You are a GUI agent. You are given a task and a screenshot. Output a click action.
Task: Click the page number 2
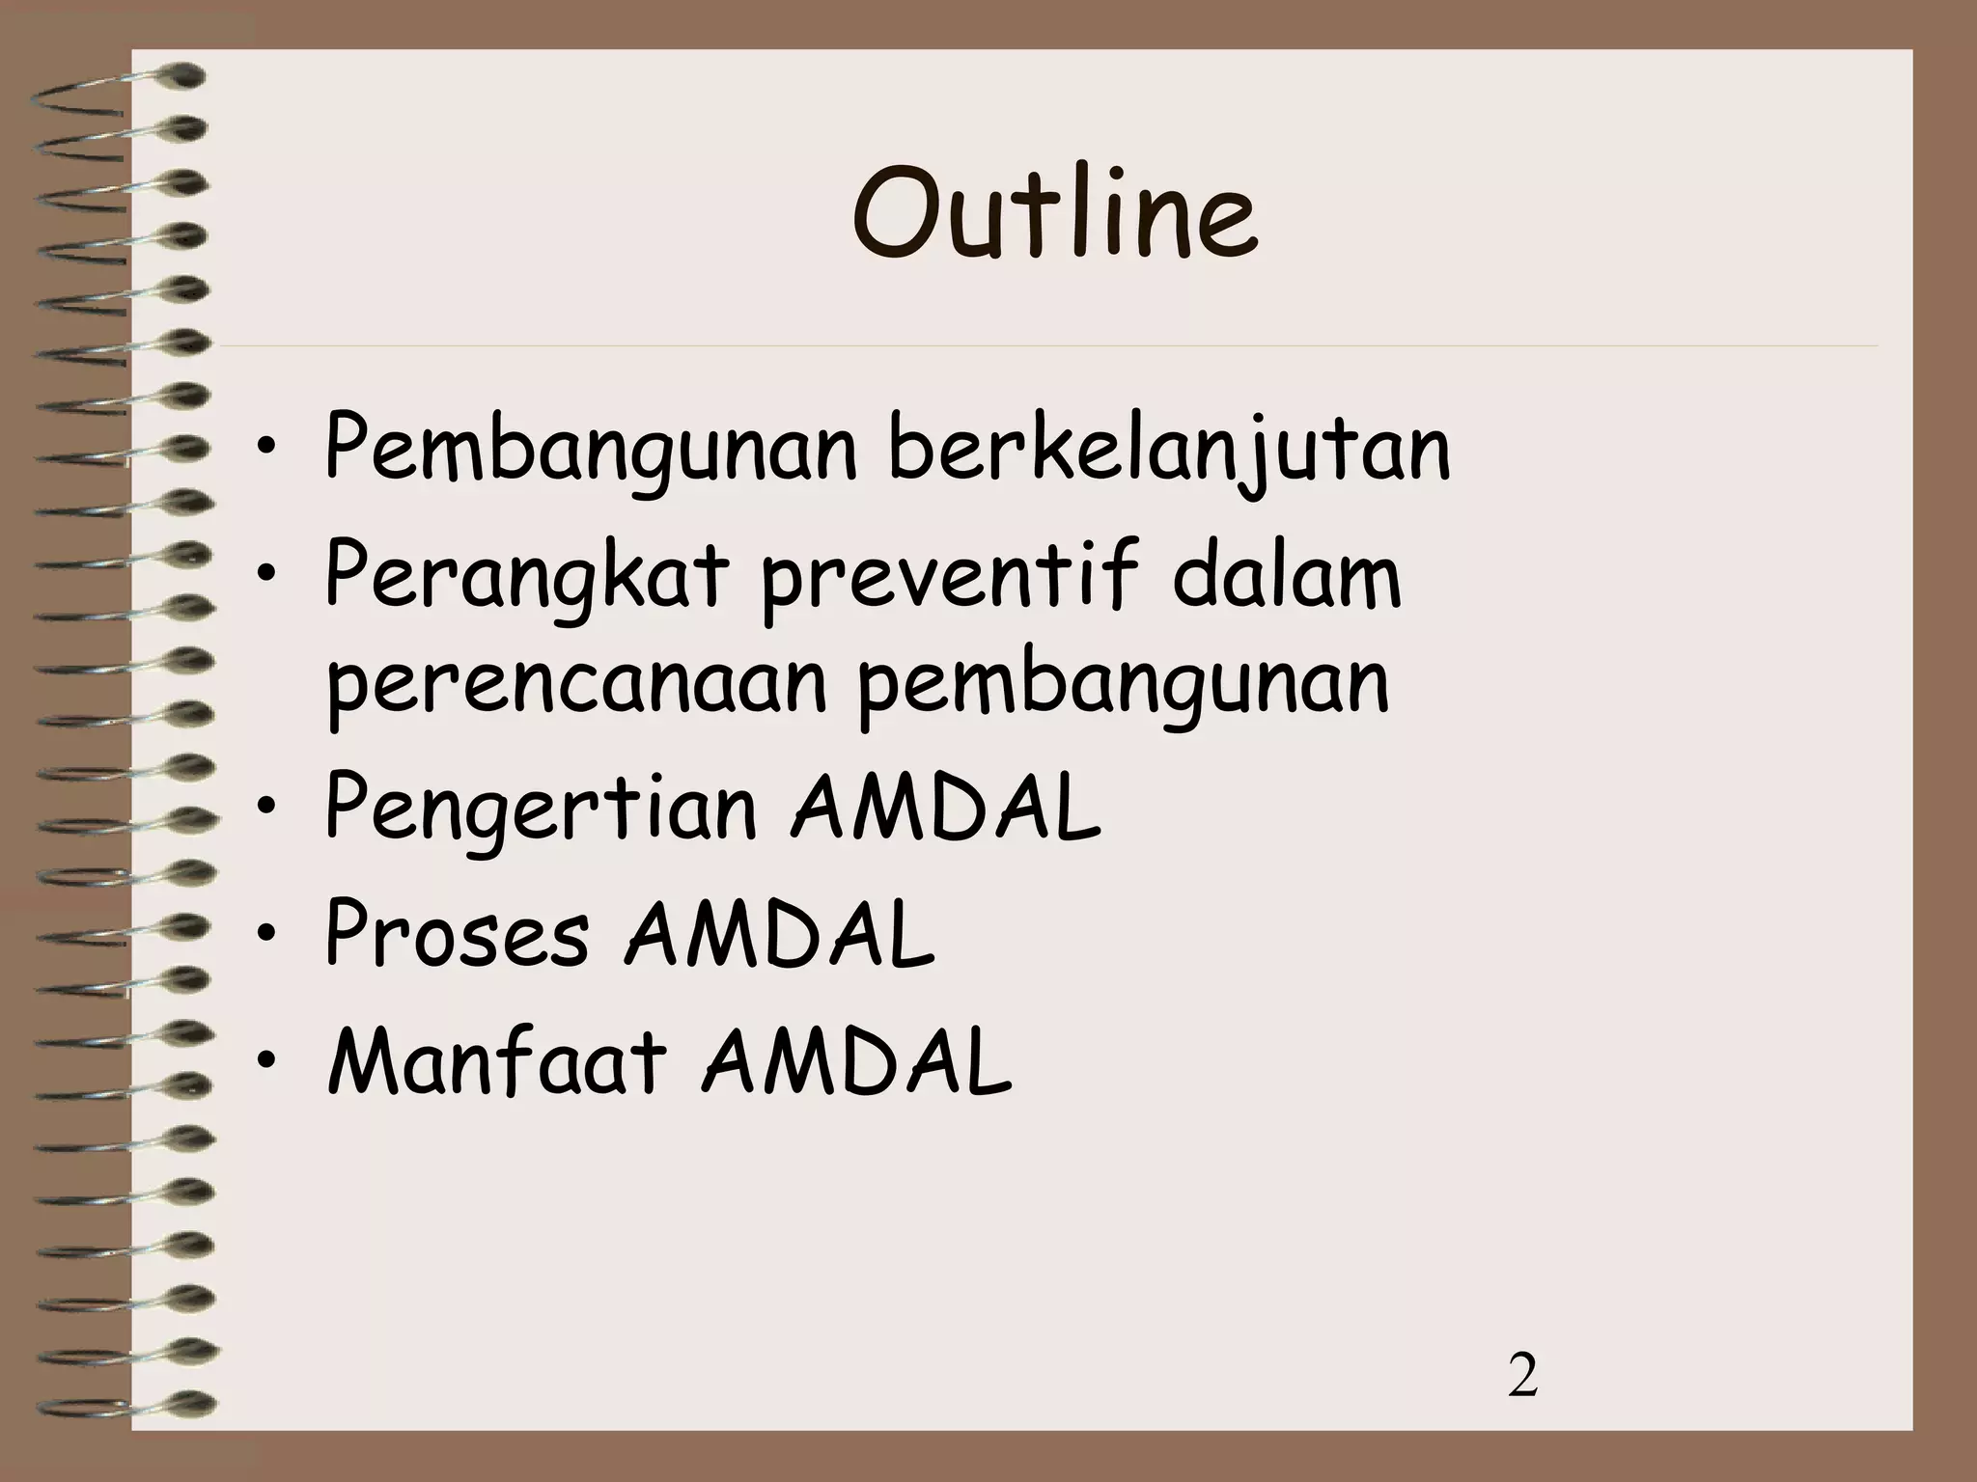coord(1522,1377)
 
